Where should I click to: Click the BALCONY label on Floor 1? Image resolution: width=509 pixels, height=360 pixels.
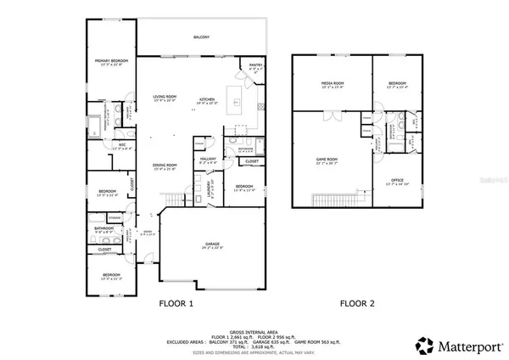201,37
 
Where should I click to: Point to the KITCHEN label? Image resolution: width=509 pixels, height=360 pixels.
208,99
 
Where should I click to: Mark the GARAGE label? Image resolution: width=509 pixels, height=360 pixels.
212,246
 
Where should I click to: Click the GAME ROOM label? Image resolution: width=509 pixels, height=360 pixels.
327,162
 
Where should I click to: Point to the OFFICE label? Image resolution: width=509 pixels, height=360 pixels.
397,180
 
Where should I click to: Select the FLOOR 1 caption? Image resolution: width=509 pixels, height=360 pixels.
177,303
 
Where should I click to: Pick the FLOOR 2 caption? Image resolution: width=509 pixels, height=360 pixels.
357,303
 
